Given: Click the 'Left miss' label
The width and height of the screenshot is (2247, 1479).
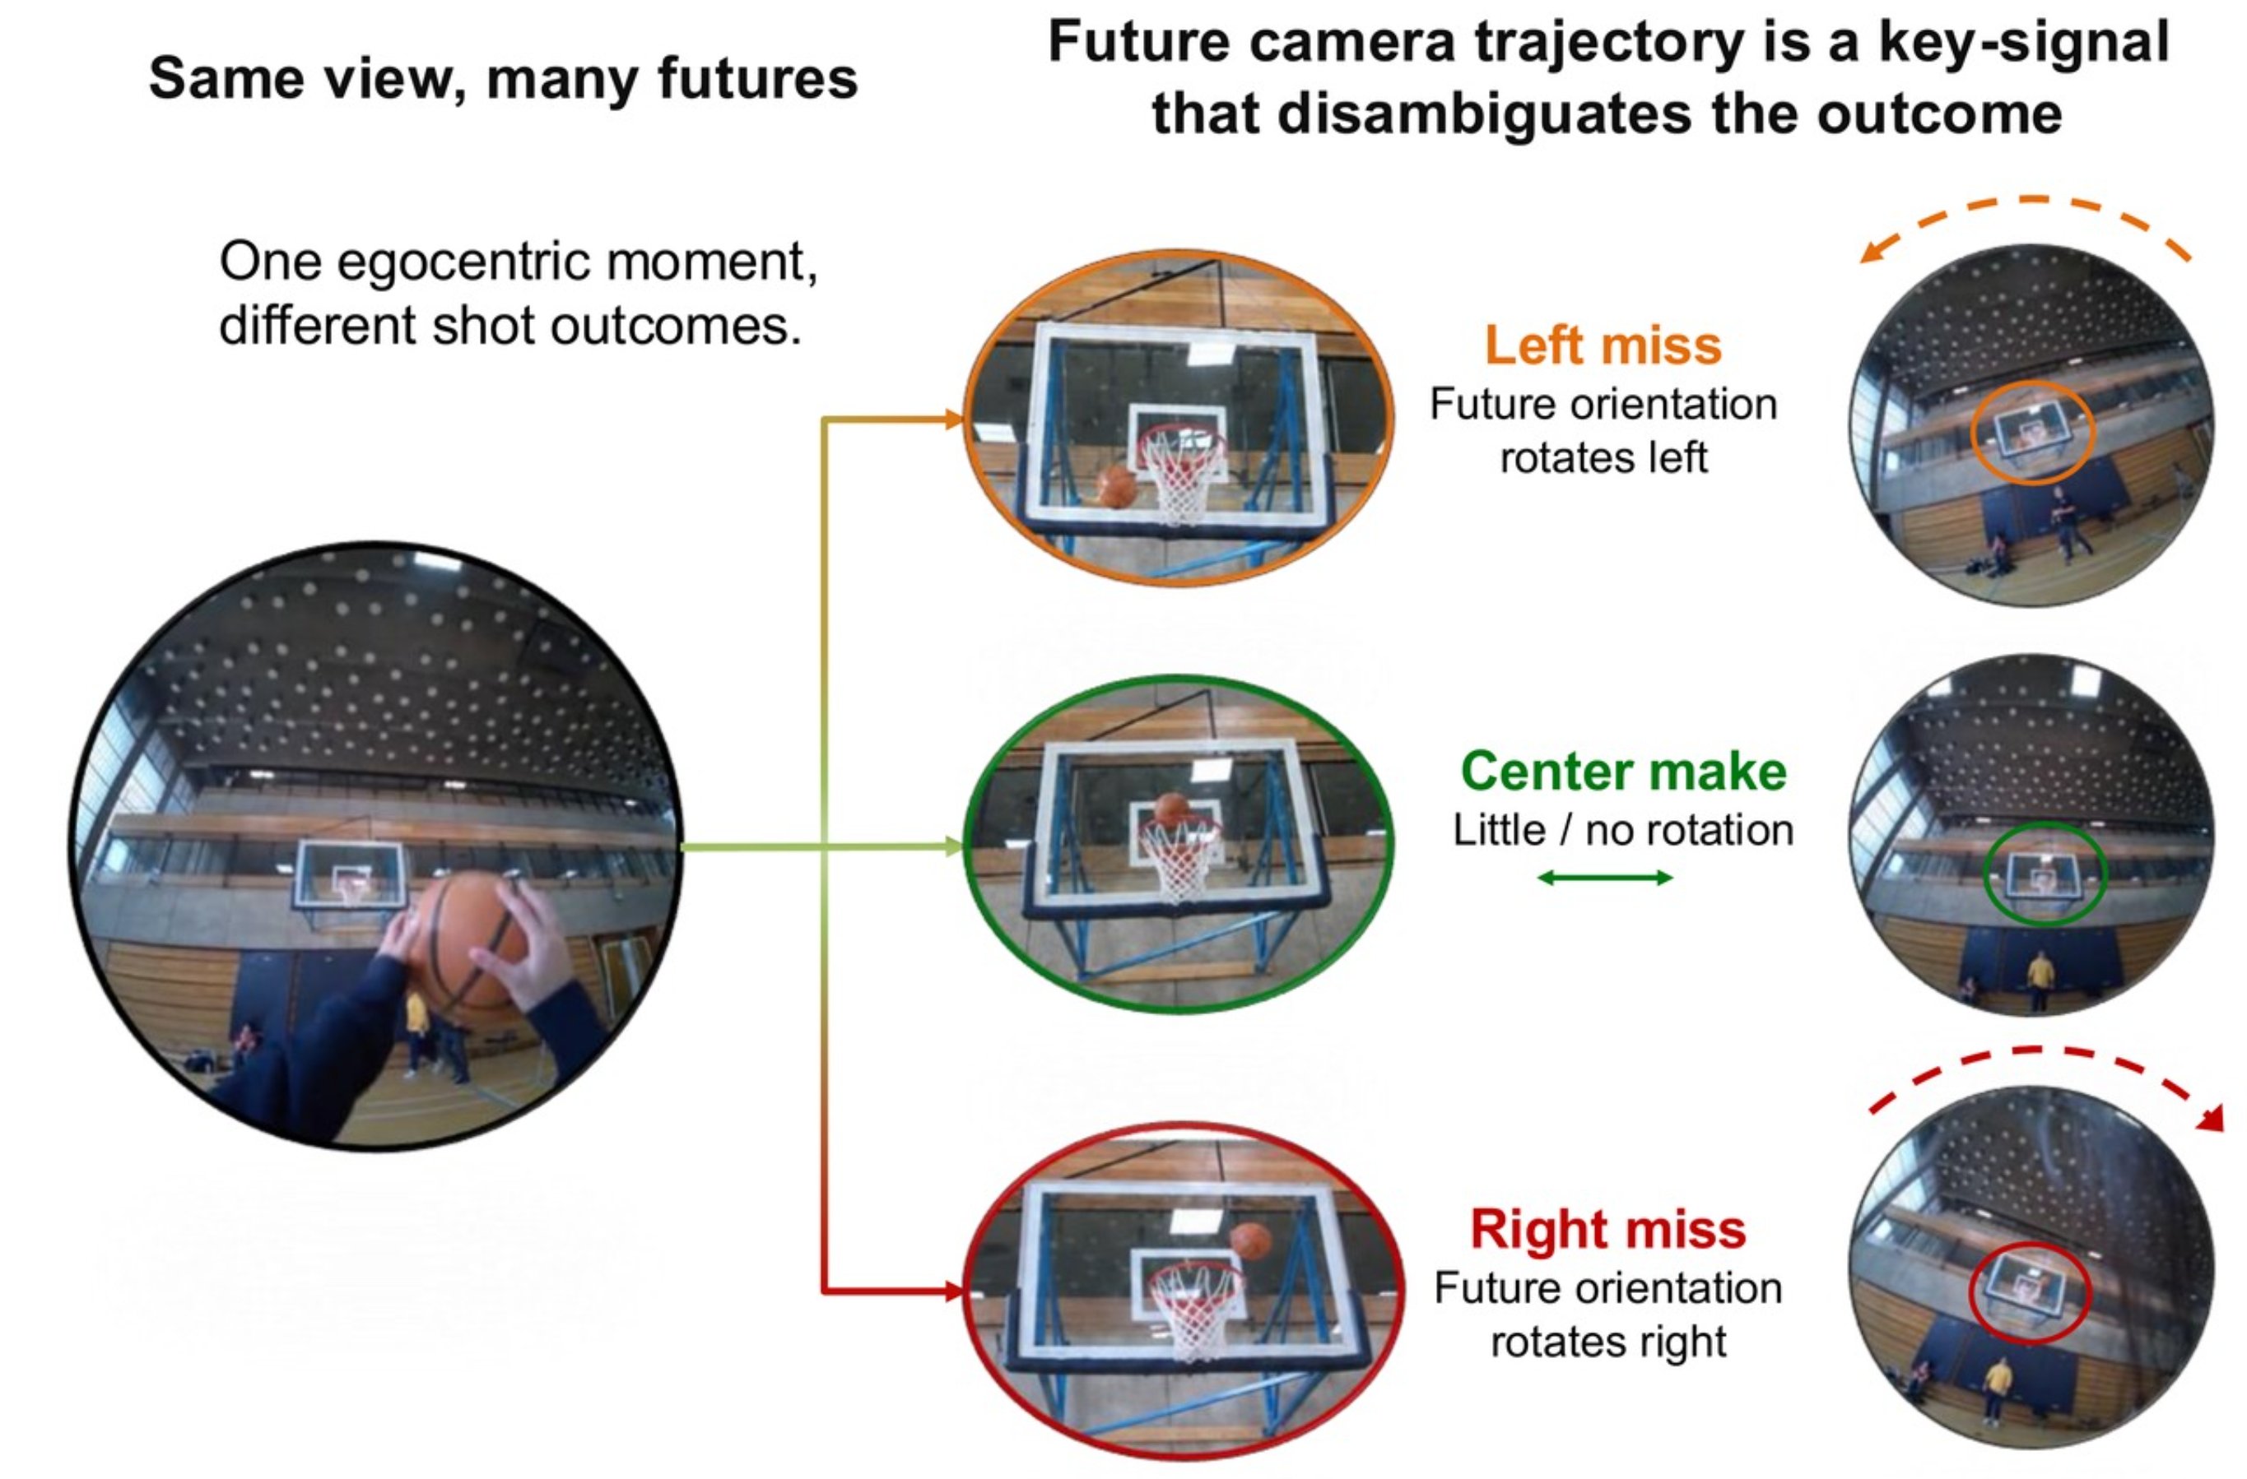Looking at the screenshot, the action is coord(1603,345).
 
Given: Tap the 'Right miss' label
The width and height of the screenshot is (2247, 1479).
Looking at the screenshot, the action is coord(1607,1229).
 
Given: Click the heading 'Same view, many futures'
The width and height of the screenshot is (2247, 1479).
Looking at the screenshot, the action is coord(503,77).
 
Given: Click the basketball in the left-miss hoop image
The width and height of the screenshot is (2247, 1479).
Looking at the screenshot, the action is coord(1118,486).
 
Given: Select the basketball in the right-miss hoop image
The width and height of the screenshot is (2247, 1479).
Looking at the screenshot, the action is coord(1250,1242).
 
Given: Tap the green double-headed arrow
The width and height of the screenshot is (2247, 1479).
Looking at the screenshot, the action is coord(1605,878).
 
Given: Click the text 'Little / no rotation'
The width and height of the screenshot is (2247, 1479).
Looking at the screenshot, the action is coord(1623,831).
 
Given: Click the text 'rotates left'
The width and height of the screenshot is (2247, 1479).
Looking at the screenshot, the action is coord(1603,457).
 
